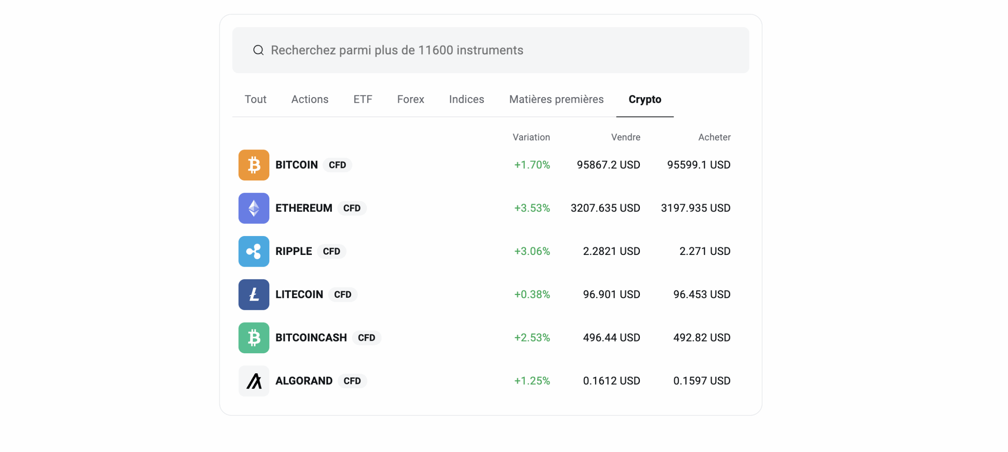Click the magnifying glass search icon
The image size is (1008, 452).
pyautogui.click(x=258, y=50)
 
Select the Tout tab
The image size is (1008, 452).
pyautogui.click(x=255, y=99)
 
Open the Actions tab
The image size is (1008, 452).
pyautogui.click(x=309, y=99)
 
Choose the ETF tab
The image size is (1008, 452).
pyautogui.click(x=362, y=99)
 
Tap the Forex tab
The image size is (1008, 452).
pyautogui.click(x=410, y=99)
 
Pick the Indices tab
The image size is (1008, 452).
pyautogui.click(x=466, y=99)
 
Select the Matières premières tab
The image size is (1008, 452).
pyautogui.click(x=556, y=99)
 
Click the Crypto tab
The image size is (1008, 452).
pyautogui.click(x=645, y=99)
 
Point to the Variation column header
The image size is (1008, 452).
pyautogui.click(x=531, y=137)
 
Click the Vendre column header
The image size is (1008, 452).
pyautogui.click(x=625, y=137)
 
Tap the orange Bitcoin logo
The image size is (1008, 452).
pyautogui.click(x=254, y=165)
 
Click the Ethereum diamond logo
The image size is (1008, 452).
pyautogui.click(x=254, y=208)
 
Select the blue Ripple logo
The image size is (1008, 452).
pyautogui.click(x=254, y=251)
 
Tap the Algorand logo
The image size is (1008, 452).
pyautogui.click(x=254, y=381)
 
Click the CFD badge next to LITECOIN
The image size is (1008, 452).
pyautogui.click(x=342, y=295)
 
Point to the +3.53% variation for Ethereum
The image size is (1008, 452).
pyautogui.click(x=532, y=208)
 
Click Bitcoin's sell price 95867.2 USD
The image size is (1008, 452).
pyautogui.click(x=608, y=165)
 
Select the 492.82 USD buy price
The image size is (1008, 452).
pyautogui.click(x=701, y=338)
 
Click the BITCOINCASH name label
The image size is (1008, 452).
pyautogui.click(x=311, y=338)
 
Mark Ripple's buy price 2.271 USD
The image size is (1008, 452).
pyautogui.click(x=704, y=251)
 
